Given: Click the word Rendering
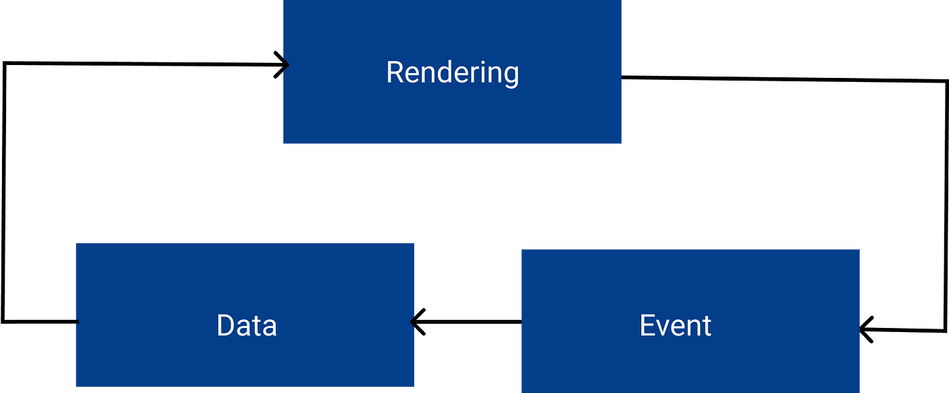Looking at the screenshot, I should click(452, 73).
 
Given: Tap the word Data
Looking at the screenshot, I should click(247, 326).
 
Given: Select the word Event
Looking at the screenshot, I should click(675, 326).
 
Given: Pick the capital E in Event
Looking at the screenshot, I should click(647, 326).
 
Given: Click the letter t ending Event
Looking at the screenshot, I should click(706, 327).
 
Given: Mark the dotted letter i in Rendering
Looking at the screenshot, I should click(481, 72).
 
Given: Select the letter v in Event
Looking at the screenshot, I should click(664, 329).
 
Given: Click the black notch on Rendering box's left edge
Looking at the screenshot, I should click(285, 65).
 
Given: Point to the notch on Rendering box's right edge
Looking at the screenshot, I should click(622, 77).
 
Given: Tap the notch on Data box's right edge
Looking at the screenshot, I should click(413, 323).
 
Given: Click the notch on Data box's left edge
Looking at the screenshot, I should click(77, 321).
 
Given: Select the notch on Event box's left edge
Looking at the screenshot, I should click(521, 323).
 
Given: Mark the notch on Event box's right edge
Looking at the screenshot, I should click(860, 330).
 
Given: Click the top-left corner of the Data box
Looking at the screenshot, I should click(75, 243).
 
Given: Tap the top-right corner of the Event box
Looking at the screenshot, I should click(861, 248).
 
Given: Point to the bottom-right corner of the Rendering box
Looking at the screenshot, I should click(622, 144).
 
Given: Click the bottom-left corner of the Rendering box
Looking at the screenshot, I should click(283, 144).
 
